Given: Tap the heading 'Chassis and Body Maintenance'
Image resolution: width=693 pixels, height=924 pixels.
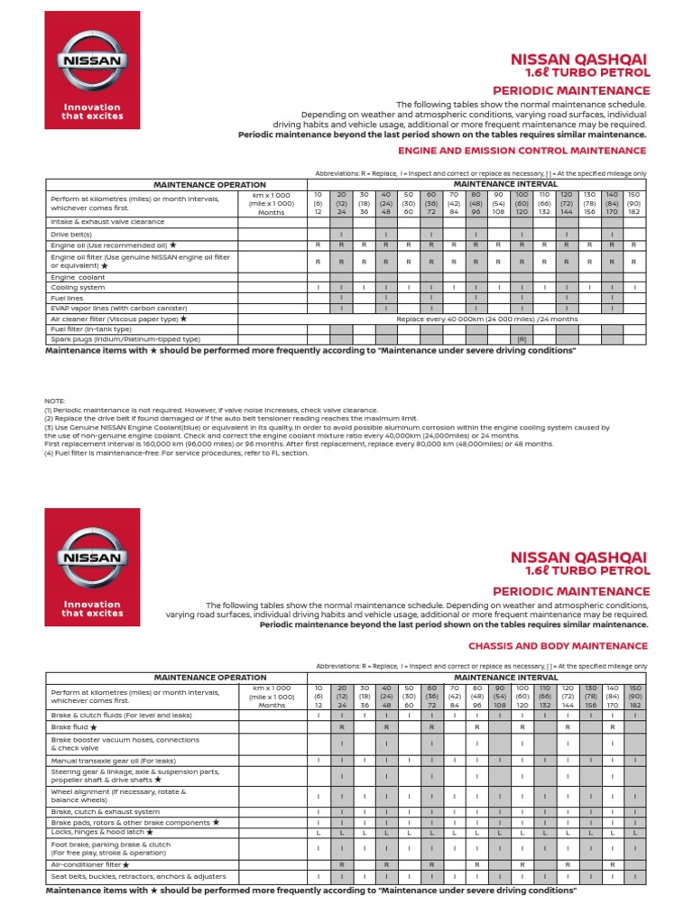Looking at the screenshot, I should click(558, 646).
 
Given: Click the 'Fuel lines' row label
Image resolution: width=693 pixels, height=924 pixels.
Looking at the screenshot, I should click(68, 298).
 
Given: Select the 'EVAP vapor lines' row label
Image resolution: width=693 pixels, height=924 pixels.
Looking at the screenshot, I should click(113, 308).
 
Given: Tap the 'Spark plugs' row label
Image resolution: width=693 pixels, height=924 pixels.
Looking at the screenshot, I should click(113, 339).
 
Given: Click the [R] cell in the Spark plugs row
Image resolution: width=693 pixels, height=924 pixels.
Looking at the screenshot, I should click(521, 339).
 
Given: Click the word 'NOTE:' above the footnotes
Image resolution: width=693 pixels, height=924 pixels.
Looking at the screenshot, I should click(55, 400).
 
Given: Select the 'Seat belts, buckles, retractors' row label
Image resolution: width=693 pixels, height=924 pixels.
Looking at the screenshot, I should click(138, 876).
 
